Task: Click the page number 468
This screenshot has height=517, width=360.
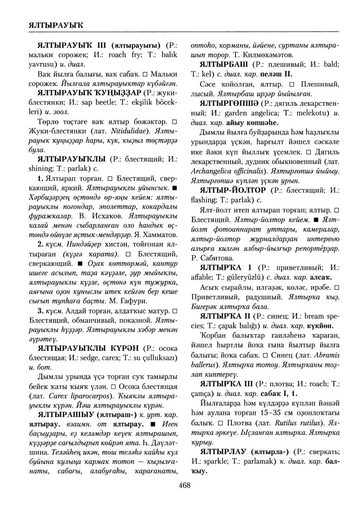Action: pos(184,485)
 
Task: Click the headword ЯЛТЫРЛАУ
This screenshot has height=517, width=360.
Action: pos(225,451)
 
